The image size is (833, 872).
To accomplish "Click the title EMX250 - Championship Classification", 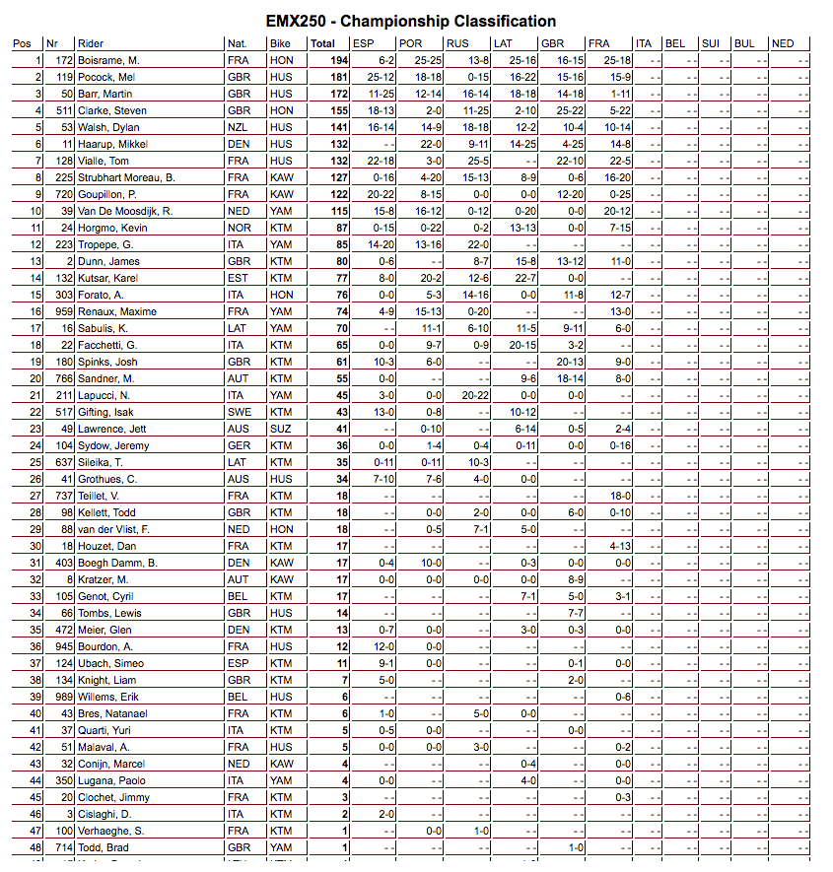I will click(411, 21).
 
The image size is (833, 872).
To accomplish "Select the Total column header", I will click(322, 43).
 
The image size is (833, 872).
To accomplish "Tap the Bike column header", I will click(280, 43).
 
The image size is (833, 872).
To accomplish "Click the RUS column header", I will click(458, 43).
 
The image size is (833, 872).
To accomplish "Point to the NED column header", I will click(783, 43).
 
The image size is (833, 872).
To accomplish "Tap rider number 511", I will click(64, 110).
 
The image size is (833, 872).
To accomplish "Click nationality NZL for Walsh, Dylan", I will click(239, 127).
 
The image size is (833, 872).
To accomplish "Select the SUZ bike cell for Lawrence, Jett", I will click(281, 429).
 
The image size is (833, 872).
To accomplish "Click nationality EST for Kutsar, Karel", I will click(238, 278).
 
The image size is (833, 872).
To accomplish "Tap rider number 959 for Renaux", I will click(64, 311).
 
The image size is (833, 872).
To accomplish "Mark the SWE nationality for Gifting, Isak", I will click(240, 412).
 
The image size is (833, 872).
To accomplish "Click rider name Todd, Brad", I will click(104, 847).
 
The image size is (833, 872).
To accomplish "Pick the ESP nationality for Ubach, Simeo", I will click(238, 663).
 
